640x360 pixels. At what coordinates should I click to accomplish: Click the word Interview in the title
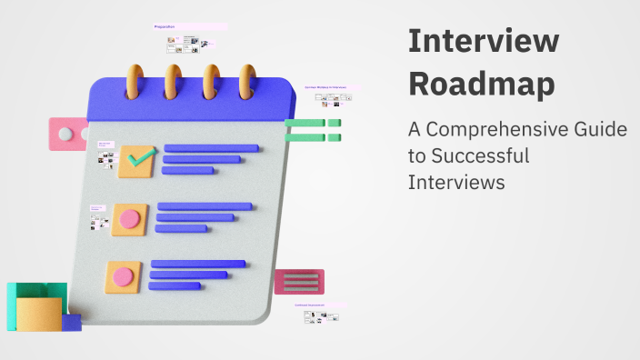tap(483, 42)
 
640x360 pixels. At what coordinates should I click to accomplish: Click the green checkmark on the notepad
tap(141, 159)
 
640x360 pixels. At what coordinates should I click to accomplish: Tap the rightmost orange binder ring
tap(248, 81)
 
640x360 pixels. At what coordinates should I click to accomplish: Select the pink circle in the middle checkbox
tap(130, 219)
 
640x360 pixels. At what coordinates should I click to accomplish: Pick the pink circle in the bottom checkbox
tap(123, 276)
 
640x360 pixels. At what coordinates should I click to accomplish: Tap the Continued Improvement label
tap(310, 305)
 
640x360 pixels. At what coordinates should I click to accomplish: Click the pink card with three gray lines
tap(299, 282)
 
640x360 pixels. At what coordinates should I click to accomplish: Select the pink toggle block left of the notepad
tap(67, 135)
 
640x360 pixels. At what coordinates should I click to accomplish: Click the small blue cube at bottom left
tap(72, 323)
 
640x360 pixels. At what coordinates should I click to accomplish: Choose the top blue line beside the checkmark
tap(210, 147)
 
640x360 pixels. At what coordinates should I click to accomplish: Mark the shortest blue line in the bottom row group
tap(175, 285)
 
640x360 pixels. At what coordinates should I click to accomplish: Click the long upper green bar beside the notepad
tap(304, 123)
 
